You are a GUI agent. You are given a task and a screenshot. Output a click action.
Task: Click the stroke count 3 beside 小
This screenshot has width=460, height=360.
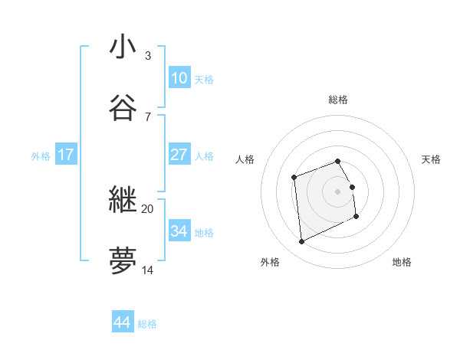point(147,56)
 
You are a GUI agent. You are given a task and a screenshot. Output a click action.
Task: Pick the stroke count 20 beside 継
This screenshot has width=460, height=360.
point(147,208)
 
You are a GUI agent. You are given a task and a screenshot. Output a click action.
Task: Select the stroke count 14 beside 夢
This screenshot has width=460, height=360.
point(147,270)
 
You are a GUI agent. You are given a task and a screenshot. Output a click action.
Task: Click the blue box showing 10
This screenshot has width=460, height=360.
point(179,78)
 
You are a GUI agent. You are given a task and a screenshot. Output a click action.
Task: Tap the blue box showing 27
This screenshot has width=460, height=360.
point(179,155)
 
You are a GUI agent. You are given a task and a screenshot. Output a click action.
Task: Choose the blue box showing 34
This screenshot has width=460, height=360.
point(179,231)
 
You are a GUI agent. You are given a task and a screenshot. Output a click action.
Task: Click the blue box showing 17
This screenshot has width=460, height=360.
point(66,155)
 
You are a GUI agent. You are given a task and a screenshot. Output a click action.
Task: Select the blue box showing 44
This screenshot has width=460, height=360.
point(122,323)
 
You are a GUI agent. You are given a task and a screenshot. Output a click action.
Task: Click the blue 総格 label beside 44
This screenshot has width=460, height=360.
point(147,324)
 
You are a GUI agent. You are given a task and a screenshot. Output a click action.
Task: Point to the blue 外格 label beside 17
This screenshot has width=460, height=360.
point(41,155)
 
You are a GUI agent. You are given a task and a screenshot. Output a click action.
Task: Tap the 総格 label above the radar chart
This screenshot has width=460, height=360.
point(338,100)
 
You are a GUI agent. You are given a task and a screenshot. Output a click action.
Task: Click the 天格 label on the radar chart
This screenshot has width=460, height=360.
point(431,159)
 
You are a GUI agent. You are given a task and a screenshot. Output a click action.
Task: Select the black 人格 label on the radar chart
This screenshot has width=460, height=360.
point(245,159)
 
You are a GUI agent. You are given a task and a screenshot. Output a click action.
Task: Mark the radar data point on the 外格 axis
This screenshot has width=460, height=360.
point(301,242)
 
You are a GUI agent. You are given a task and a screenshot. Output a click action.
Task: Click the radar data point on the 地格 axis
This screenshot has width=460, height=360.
point(356,218)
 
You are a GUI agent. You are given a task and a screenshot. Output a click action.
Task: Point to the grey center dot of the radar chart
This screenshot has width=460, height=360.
point(338,191)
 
